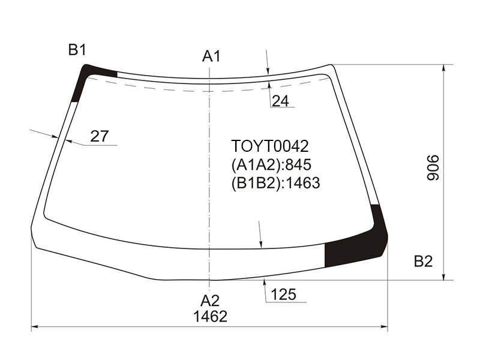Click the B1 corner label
point(77,50)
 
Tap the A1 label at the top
point(211,56)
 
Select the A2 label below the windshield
point(210,301)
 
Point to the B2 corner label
point(424,262)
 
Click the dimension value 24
point(280,101)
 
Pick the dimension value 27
point(100,136)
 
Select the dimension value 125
point(283,295)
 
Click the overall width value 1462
point(211,316)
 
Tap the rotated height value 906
point(433,168)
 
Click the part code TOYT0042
point(269,146)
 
